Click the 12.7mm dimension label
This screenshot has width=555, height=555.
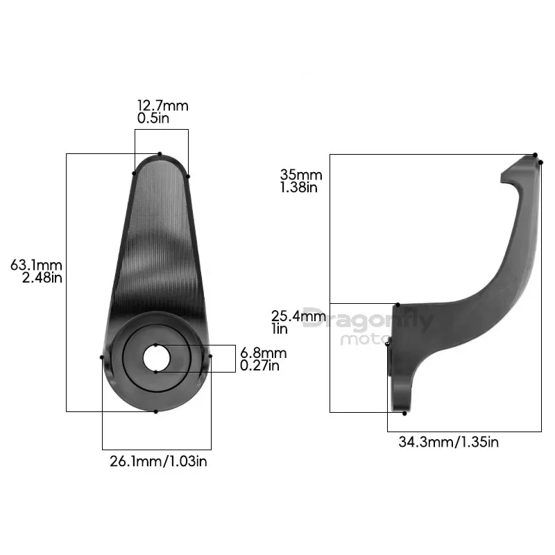pos(163,105)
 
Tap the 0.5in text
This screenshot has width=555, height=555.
pos(153,118)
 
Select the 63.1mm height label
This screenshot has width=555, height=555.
pos(36,265)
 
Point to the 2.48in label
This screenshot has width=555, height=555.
pos(42,278)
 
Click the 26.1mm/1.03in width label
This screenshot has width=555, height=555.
pos(158,461)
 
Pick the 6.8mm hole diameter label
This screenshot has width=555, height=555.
pos(264,353)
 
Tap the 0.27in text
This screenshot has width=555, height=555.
pos(259,366)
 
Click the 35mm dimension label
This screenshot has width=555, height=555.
pos(301,175)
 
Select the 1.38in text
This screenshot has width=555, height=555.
pos(299,187)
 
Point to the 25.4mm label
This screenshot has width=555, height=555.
pos(298,316)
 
